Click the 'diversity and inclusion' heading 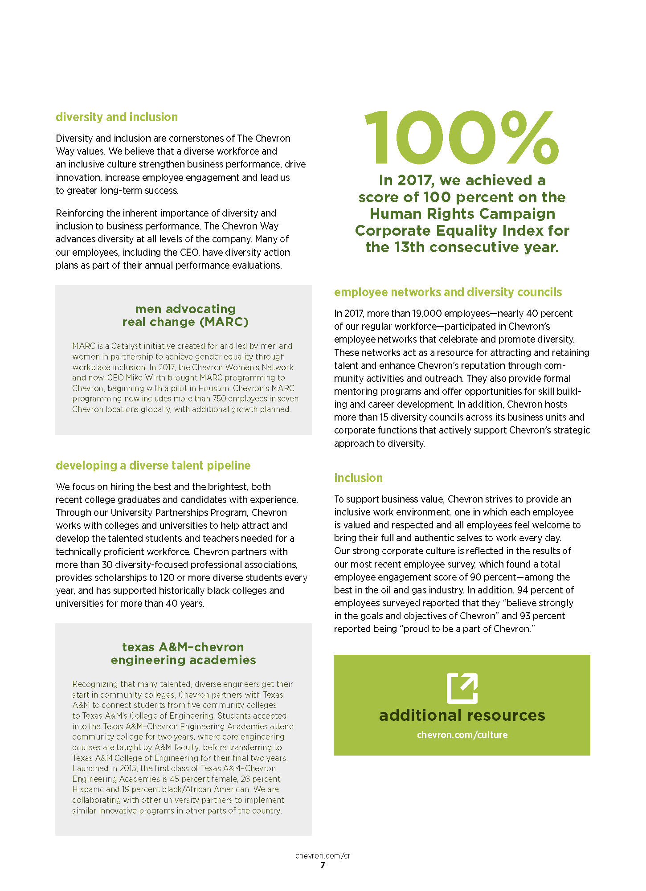click(117, 117)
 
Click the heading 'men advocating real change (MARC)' click(185, 315)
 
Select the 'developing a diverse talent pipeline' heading click(153, 466)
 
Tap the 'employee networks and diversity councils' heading click(448, 292)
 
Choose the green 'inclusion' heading click(358, 478)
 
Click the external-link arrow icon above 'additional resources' click(462, 688)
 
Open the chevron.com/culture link click(462, 735)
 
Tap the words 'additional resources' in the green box click(462, 715)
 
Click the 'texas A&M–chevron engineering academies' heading click(183, 654)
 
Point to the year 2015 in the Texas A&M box click(127, 768)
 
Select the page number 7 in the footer click(323, 865)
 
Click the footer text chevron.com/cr click(323, 856)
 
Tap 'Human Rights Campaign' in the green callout click(462, 214)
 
